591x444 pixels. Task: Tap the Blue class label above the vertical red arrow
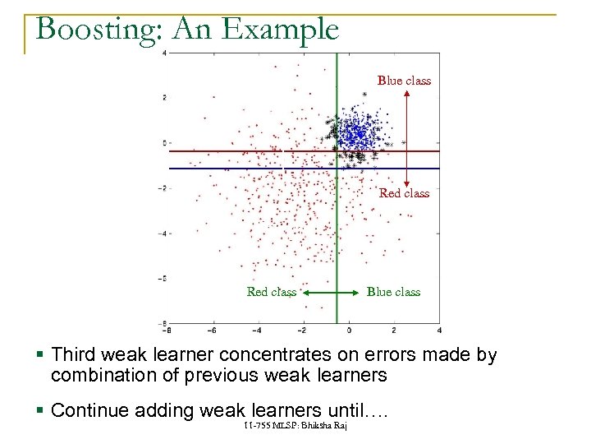click(404, 81)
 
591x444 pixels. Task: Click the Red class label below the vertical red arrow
click(404, 193)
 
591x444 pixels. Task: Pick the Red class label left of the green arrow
click(272, 292)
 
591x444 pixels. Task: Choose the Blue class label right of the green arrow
click(393, 292)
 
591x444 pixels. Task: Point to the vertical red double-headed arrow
click(407, 136)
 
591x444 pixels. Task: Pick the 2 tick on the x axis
click(394, 331)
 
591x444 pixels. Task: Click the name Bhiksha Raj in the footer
click(325, 424)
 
